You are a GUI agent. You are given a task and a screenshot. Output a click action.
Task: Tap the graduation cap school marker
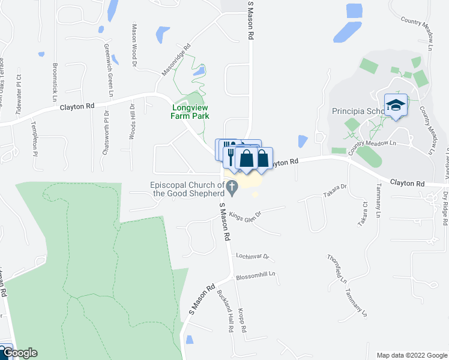click(x=396, y=106)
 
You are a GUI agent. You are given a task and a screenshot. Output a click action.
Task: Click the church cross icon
click(x=232, y=185)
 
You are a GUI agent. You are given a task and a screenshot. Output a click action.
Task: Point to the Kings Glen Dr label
click(x=245, y=214)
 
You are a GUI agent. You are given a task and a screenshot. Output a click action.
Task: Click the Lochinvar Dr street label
click(x=253, y=256)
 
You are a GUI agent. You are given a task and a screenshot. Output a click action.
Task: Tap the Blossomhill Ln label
click(x=255, y=275)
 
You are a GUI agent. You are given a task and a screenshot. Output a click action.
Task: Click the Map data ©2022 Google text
click(x=411, y=355)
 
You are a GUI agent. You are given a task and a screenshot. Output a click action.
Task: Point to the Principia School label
click(x=358, y=112)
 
